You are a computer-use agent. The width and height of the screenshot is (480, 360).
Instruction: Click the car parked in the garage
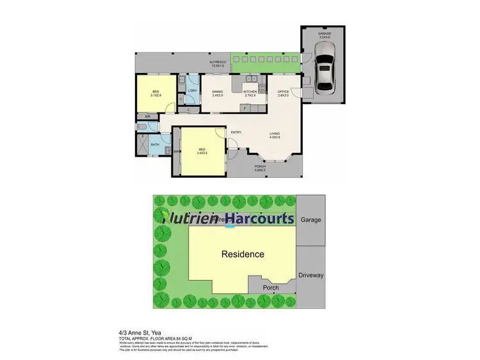(324, 71)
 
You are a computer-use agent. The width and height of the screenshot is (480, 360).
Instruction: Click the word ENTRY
(236, 132)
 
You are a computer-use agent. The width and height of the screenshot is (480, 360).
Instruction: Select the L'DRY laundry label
(192, 90)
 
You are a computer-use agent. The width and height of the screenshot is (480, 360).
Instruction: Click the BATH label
(155, 145)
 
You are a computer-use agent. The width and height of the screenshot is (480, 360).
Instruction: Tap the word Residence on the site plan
(243, 254)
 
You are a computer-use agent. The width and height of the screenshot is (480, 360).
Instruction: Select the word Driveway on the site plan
(312, 275)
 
